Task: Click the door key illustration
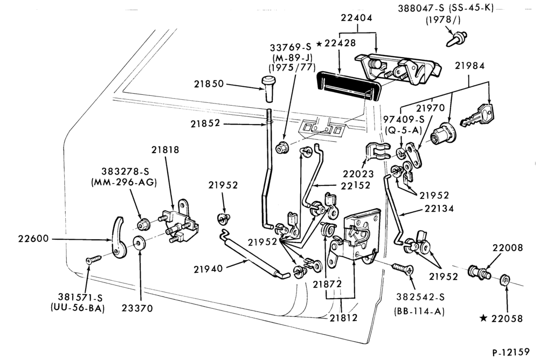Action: tap(478, 115)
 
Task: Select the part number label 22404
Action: tap(356, 18)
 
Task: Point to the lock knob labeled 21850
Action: tap(269, 88)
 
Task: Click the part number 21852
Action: tap(205, 123)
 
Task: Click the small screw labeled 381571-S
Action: tap(94, 259)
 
